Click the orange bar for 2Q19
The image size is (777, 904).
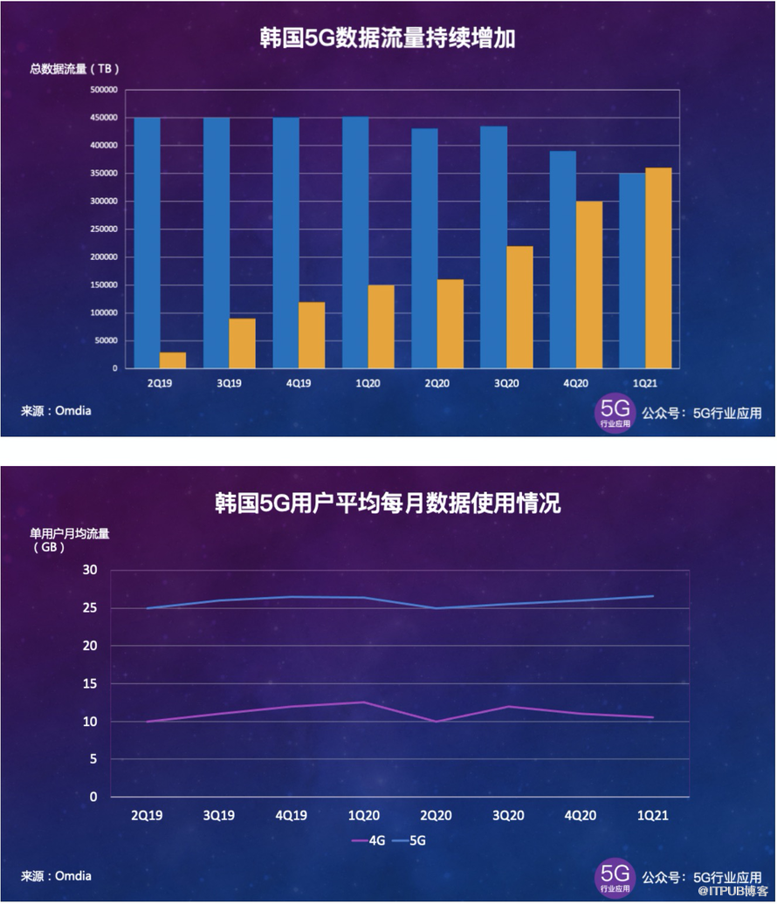(173, 360)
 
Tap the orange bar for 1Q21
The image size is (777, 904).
(658, 268)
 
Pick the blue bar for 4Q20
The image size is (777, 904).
(563, 259)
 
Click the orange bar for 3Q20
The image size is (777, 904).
(519, 307)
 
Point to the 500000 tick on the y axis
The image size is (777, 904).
(103, 90)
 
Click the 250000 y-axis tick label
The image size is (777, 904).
(103, 229)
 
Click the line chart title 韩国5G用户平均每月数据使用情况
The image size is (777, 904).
(388, 503)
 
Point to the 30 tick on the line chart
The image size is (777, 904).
(91, 570)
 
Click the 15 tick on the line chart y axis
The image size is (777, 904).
(91, 684)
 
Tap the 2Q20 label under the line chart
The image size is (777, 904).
(436, 816)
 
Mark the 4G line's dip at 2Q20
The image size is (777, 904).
(436, 722)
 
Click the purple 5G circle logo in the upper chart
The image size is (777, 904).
(615, 413)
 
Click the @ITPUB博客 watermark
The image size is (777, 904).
(731, 891)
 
